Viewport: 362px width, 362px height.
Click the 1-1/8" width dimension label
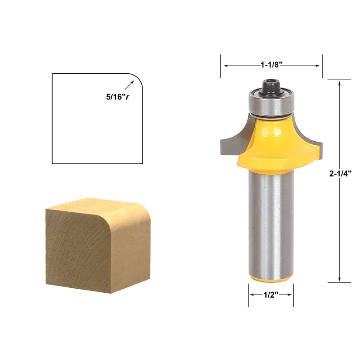(271, 65)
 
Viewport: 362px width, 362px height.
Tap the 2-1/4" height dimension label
(340, 172)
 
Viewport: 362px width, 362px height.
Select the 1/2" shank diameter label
(271, 295)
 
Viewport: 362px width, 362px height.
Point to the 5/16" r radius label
(115, 96)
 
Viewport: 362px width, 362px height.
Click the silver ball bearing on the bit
(271, 102)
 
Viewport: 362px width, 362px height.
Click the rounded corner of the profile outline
(136, 79)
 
